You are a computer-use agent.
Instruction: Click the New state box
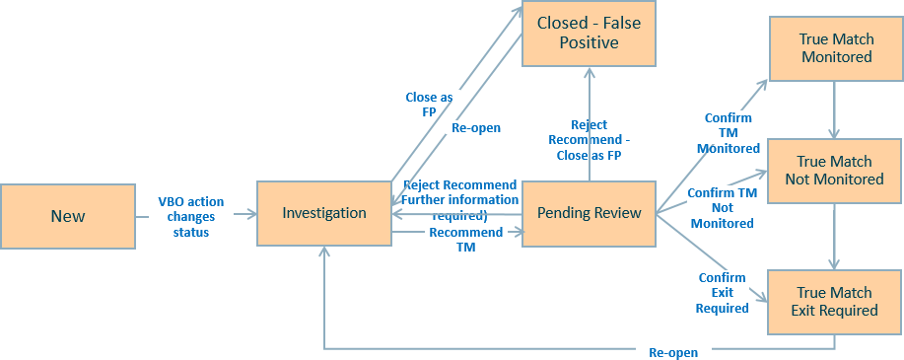pyautogui.click(x=68, y=215)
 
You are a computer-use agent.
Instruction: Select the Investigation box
pyautogui.click(x=323, y=213)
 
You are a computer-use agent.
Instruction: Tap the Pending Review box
pyautogui.click(x=590, y=213)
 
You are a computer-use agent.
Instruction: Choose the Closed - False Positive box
pyautogui.click(x=589, y=33)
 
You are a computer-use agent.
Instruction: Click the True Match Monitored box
pyautogui.click(x=835, y=47)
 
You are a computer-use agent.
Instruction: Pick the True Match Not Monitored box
pyautogui.click(x=835, y=170)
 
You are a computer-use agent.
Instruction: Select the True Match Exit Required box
pyautogui.click(x=835, y=301)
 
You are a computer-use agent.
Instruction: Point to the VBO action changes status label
pyautogui.click(x=191, y=216)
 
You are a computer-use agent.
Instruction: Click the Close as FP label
pyautogui.click(x=429, y=105)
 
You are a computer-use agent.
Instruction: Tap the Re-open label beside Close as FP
pyautogui.click(x=476, y=128)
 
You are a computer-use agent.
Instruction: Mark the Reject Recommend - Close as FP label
pyautogui.click(x=589, y=139)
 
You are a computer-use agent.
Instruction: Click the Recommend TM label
pyautogui.click(x=452, y=240)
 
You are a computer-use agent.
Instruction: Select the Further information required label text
pyautogui.click(x=459, y=200)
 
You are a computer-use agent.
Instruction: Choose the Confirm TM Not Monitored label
pyautogui.click(x=722, y=208)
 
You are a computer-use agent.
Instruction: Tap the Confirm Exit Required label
pyautogui.click(x=722, y=293)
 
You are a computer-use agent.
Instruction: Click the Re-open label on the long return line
pyautogui.click(x=673, y=352)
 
